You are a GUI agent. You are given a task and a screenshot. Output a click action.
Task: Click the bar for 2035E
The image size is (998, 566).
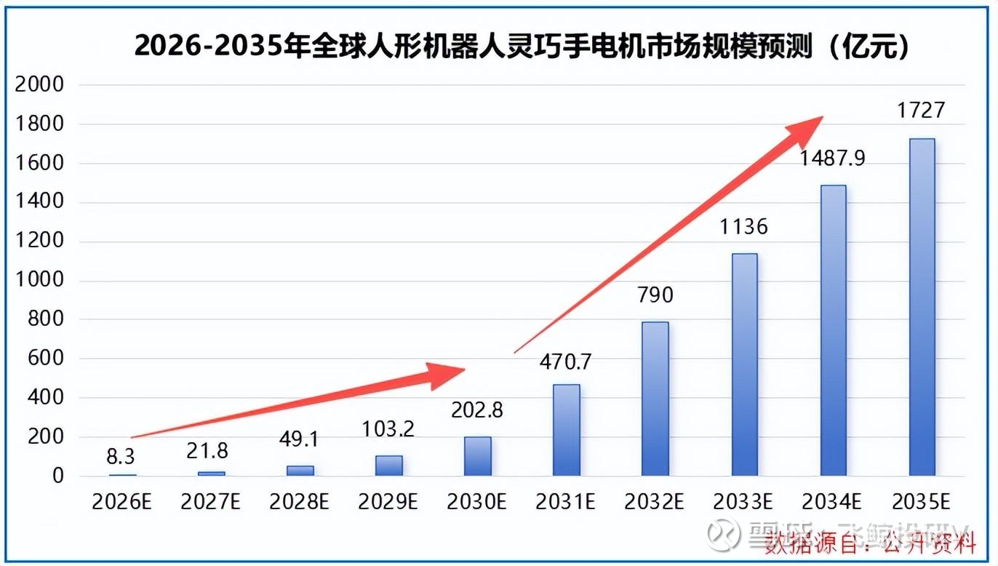click(x=922, y=307)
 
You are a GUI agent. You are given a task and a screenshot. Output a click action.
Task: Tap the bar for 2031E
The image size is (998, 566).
click(x=567, y=429)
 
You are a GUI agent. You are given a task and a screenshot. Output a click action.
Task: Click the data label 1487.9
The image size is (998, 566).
click(x=833, y=158)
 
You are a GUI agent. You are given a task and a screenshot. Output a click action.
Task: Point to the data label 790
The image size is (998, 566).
click(x=655, y=295)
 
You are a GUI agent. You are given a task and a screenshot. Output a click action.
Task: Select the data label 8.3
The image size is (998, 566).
click(x=121, y=456)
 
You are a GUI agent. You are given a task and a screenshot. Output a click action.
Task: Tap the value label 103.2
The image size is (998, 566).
click(x=388, y=429)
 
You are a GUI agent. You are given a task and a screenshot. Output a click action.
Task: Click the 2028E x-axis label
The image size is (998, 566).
click(x=300, y=502)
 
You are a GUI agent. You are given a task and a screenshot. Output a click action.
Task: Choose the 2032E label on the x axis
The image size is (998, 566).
click(x=655, y=502)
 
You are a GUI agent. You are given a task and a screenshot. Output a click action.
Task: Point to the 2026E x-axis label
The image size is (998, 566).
click(x=121, y=502)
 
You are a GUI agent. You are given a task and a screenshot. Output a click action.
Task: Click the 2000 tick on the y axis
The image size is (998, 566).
click(x=39, y=85)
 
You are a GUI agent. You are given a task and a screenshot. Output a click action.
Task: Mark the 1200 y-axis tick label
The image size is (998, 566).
click(x=39, y=242)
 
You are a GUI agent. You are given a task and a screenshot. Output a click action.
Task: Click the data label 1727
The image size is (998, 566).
click(x=921, y=110)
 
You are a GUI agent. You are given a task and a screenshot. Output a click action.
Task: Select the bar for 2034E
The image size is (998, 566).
click(x=833, y=330)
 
